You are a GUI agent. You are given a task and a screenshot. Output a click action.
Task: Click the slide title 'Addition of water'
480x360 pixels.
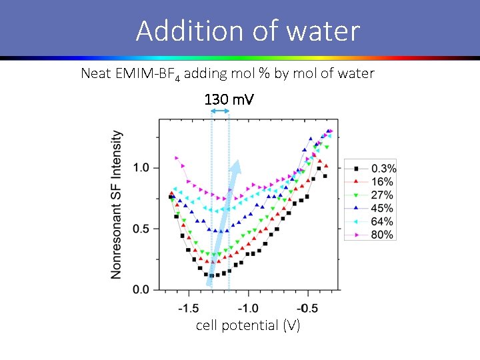(x=247, y=31)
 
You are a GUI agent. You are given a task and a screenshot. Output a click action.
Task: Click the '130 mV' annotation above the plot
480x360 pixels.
(x=229, y=99)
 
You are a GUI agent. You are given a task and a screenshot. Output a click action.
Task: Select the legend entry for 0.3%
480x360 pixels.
(x=371, y=168)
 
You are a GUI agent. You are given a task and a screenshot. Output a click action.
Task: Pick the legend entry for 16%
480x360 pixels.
(x=371, y=181)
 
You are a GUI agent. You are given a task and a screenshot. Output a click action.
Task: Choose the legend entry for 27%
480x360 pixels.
(x=371, y=195)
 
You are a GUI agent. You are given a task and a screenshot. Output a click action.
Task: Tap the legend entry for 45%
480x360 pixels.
(x=371, y=208)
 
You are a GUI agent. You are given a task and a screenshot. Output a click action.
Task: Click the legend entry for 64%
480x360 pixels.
(x=371, y=221)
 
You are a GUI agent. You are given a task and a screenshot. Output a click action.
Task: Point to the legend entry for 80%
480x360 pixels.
(x=371, y=235)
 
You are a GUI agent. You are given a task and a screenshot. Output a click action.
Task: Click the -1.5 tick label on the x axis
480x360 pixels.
(x=189, y=309)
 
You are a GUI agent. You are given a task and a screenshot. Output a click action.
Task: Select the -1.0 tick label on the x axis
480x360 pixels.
(x=248, y=309)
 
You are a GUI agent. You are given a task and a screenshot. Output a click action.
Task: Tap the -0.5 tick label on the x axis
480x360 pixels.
(x=307, y=309)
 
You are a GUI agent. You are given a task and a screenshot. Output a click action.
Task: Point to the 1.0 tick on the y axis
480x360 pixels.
(x=141, y=167)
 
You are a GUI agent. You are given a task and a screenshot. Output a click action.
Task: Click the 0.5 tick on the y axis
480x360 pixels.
(x=141, y=229)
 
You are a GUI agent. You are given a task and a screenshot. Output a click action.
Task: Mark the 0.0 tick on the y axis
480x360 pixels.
(x=141, y=290)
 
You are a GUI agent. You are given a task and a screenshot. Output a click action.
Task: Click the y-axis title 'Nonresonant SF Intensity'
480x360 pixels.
(x=116, y=204)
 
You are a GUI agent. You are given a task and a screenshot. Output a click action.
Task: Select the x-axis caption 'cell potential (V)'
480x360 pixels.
(x=248, y=325)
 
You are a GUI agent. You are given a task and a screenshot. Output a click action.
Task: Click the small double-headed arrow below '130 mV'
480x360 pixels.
(x=220, y=111)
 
